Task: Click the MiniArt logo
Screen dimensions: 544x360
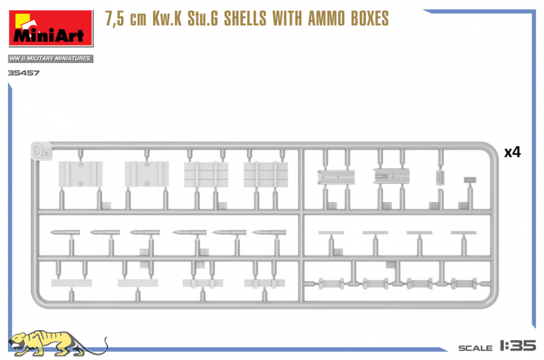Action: (51, 28)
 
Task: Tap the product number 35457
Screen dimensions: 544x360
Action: (24, 73)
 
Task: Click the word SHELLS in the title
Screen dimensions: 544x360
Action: (245, 19)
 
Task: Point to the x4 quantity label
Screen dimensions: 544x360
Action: (513, 152)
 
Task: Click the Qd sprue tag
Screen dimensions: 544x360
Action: (41, 151)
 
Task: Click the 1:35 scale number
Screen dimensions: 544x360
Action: (518, 346)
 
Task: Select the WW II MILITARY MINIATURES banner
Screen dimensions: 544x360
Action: (50, 59)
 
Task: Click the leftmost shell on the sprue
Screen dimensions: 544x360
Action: (65, 232)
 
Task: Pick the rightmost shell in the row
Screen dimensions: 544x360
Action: (269, 232)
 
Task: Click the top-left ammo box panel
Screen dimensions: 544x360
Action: (80, 174)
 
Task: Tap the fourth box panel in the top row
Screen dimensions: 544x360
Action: (266, 175)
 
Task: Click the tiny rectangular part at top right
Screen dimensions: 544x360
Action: (470, 180)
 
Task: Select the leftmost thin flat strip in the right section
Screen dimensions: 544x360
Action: (331, 233)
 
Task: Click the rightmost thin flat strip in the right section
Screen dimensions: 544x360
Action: (464, 233)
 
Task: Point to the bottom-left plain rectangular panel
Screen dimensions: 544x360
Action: (71, 283)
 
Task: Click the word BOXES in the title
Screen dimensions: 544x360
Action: (370, 19)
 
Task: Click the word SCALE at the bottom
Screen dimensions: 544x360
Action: (475, 348)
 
